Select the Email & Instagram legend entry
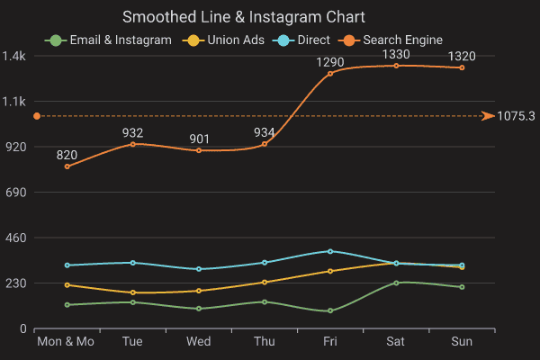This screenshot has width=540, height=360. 109,40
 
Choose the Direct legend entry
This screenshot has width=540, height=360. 298,40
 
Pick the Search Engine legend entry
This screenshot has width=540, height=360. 392,40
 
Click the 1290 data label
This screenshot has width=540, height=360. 330,62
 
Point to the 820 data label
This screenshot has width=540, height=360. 67,155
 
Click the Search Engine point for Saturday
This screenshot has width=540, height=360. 396,66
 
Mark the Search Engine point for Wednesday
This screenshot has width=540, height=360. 198,150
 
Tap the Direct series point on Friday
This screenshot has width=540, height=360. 330,251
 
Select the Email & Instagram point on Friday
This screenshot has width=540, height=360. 330,311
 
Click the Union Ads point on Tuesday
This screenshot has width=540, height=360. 132,292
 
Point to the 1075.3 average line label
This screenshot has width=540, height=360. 516,116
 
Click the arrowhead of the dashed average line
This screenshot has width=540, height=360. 488,116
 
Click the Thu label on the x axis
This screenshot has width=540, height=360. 265,342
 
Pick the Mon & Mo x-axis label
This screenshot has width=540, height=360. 65,342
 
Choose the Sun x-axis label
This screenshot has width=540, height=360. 462,342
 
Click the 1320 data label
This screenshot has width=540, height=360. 462,56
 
